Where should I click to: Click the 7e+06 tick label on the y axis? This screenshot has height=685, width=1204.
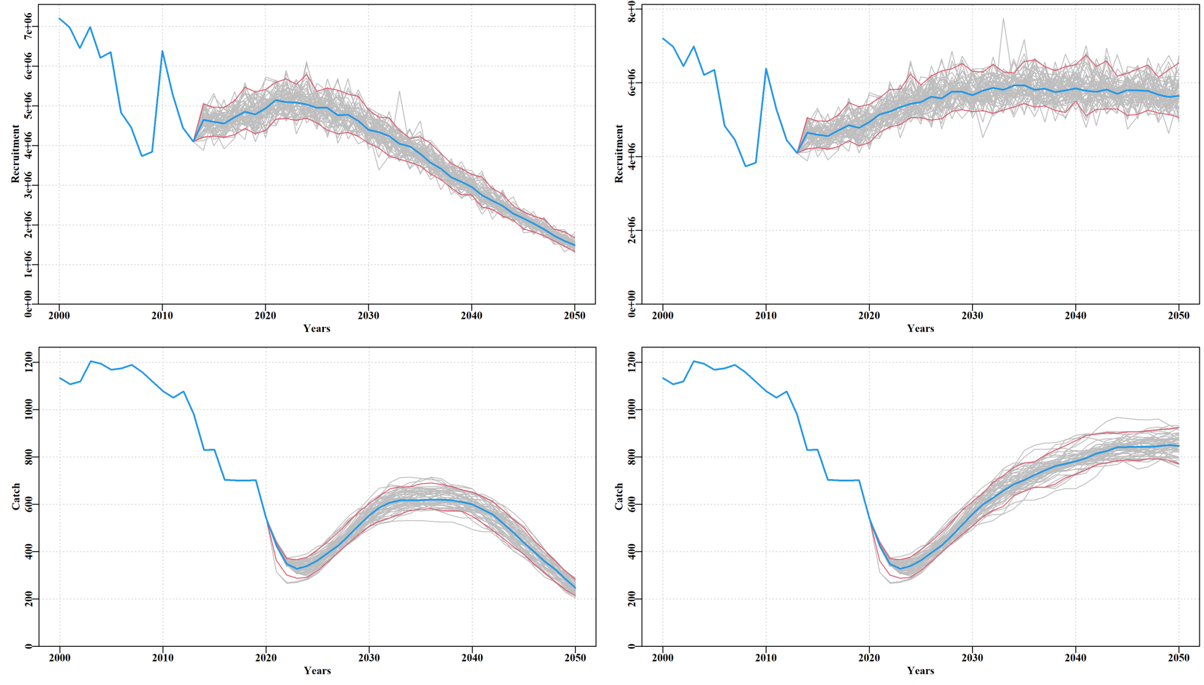pos(28,26)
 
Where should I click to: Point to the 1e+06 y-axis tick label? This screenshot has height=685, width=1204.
pos(28,265)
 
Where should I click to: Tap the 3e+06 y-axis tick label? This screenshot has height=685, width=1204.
pos(28,185)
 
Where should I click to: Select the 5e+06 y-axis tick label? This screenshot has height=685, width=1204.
pos(28,106)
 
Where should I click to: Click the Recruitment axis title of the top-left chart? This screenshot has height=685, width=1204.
pos(15,154)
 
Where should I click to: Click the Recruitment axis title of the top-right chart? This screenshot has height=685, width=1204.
pos(619,154)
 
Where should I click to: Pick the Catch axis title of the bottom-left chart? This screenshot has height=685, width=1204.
pos(15,497)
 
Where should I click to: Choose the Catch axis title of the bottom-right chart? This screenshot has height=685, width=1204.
pos(619,497)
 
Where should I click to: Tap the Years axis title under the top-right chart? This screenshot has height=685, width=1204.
pos(920,329)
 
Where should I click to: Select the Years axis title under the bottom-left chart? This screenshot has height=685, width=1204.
pos(317,671)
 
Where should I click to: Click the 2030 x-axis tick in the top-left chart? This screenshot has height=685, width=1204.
pos(368,316)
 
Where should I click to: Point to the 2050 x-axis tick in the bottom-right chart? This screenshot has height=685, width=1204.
pos(1179,657)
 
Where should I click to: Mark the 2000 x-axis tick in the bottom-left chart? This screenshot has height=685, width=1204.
pos(60,657)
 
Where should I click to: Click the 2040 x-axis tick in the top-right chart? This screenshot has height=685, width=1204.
pos(1075,316)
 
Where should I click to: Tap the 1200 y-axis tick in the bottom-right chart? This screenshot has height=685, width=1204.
pos(632,363)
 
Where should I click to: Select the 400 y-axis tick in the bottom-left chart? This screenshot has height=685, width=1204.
pos(28,551)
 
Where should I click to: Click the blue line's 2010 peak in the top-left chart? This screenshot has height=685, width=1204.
pos(163,51)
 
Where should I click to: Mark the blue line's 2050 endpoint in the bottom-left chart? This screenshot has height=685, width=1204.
pos(575,588)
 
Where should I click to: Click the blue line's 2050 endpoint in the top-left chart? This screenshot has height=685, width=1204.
pos(575,246)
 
